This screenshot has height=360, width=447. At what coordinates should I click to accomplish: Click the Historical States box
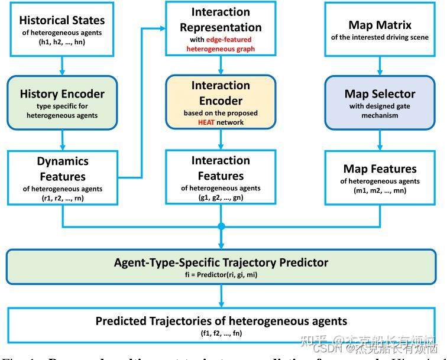pos(62,29)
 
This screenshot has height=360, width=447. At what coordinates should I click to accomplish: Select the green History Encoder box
pos(62,102)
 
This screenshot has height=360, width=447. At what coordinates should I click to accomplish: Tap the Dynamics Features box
pos(62,177)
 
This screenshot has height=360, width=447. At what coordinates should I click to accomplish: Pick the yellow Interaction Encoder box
pos(221,102)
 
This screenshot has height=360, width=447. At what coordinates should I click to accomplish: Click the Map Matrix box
pos(380,30)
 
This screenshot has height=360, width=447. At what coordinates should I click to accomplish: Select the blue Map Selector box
pos(380,102)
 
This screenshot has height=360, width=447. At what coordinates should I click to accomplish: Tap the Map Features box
pos(380,177)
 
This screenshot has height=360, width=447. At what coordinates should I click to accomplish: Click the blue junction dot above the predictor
pos(221,226)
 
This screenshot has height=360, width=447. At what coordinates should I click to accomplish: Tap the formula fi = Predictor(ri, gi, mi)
pos(221,275)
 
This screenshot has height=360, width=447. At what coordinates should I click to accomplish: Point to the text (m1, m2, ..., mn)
pos(380,190)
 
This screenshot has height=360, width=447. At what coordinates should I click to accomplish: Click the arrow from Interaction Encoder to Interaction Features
pos(221,139)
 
